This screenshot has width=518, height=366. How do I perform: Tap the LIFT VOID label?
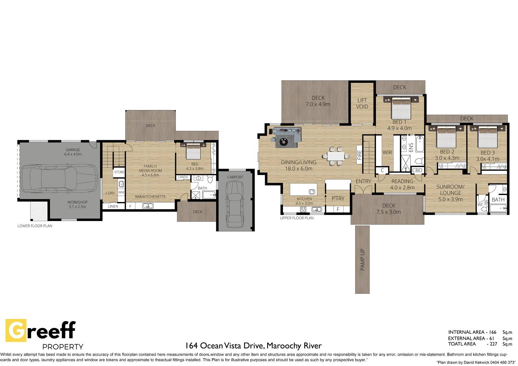(x=362, y=103)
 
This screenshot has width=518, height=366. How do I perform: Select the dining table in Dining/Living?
(x=335, y=156)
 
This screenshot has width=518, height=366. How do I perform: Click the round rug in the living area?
(x=284, y=141)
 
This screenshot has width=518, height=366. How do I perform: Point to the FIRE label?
(x=359, y=155)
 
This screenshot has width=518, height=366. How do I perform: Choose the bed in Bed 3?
(x=488, y=137)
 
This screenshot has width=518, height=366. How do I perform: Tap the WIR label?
(x=387, y=153)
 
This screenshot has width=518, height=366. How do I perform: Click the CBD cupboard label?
(x=417, y=171)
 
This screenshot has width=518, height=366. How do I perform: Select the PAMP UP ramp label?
(x=362, y=260)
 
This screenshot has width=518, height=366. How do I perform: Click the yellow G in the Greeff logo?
(x=16, y=330)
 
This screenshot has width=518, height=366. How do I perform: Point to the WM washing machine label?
(x=121, y=192)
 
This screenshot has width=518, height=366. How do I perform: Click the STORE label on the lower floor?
(x=119, y=172)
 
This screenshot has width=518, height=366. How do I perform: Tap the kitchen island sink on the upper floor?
(x=312, y=192)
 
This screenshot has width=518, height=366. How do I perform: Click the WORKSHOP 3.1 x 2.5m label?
(x=77, y=205)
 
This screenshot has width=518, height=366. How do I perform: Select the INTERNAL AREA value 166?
(x=492, y=332)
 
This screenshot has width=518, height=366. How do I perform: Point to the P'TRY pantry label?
(x=338, y=198)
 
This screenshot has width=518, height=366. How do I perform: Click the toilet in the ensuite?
(x=420, y=161)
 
